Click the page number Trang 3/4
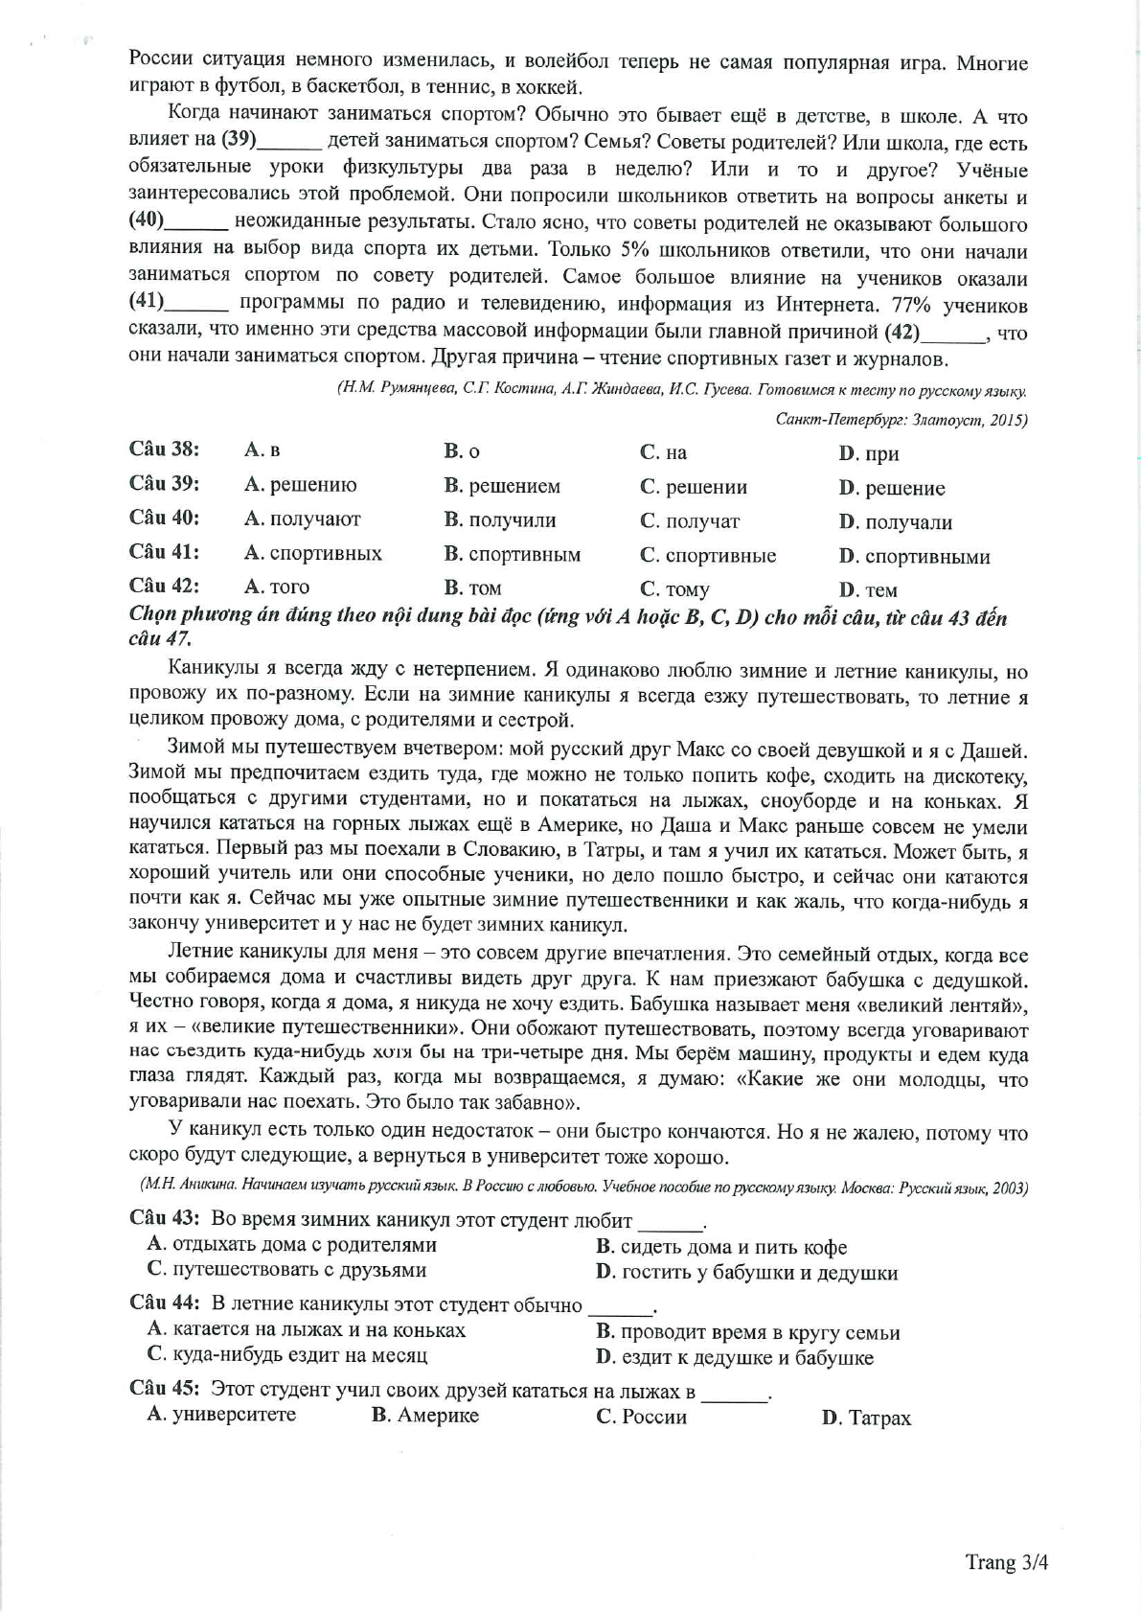click(x=1006, y=1561)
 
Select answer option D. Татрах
click(x=866, y=1418)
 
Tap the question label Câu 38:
click(x=164, y=449)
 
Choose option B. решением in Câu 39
click(x=502, y=486)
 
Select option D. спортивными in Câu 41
click(x=914, y=556)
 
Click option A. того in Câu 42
click(x=277, y=587)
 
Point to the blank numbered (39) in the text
click(x=287, y=141)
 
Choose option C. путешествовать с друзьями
click(x=286, y=1270)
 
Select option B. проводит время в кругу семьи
click(x=747, y=1331)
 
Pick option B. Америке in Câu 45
click(x=425, y=1416)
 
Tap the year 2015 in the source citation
click(x=1000, y=419)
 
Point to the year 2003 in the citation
click(x=1008, y=1187)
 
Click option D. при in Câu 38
click(x=868, y=452)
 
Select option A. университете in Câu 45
click(x=221, y=1415)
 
